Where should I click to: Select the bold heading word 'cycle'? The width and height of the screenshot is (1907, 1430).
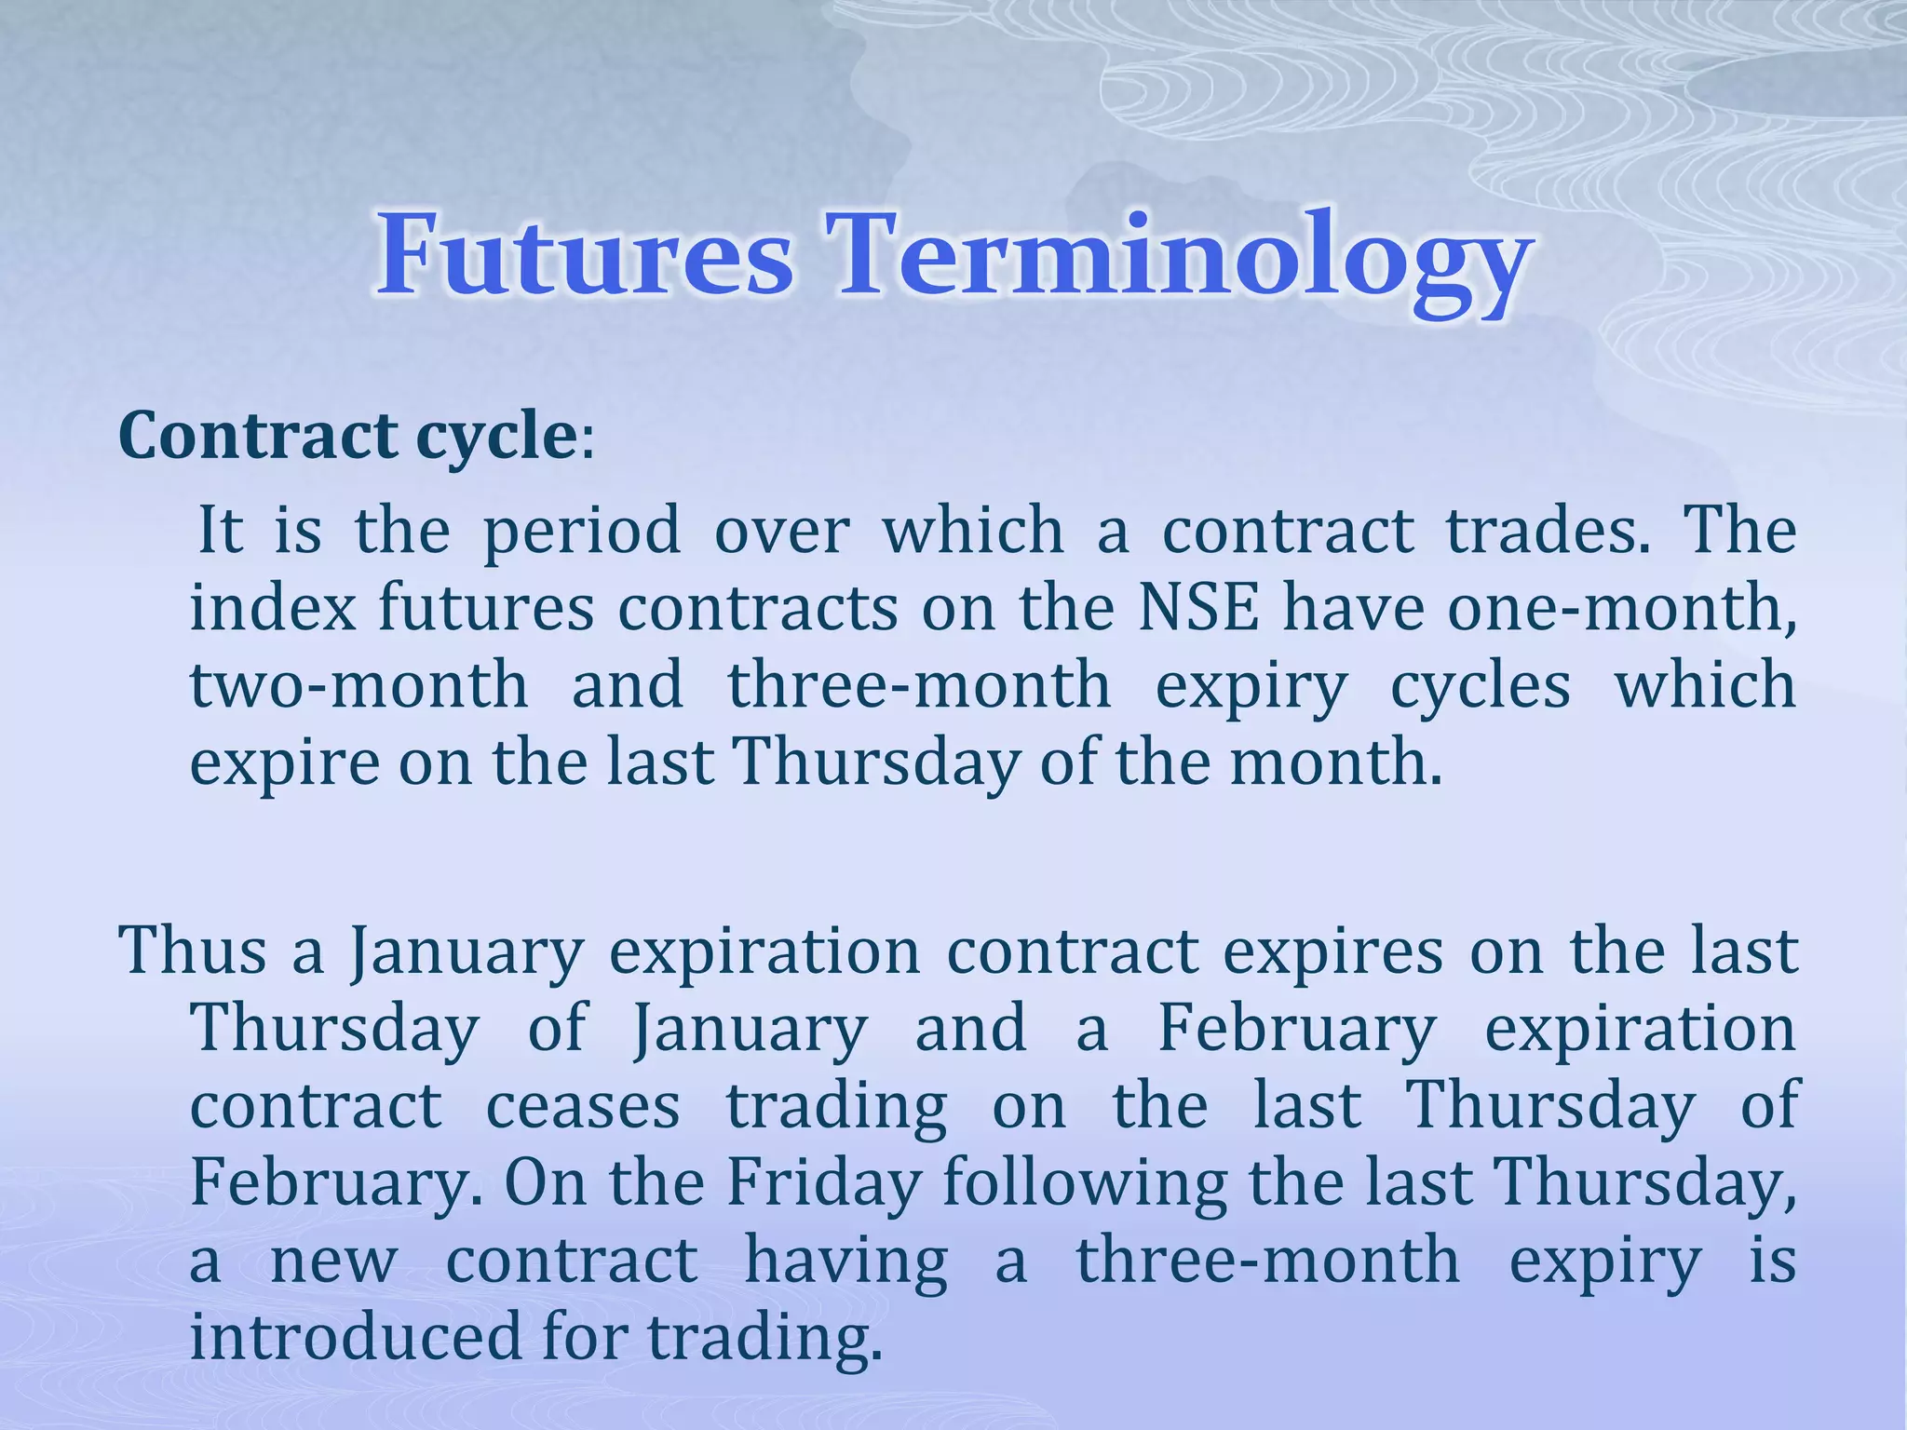coord(496,436)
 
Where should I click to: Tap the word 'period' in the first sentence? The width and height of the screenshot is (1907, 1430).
coord(582,531)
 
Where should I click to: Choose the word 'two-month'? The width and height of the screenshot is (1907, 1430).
coord(359,685)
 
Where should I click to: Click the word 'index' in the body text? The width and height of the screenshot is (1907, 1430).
coord(274,608)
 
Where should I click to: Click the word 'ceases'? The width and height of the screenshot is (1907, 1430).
coord(583,1106)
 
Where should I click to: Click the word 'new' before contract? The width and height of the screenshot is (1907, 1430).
coord(333,1261)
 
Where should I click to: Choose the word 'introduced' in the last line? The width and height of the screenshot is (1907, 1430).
coord(355,1337)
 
